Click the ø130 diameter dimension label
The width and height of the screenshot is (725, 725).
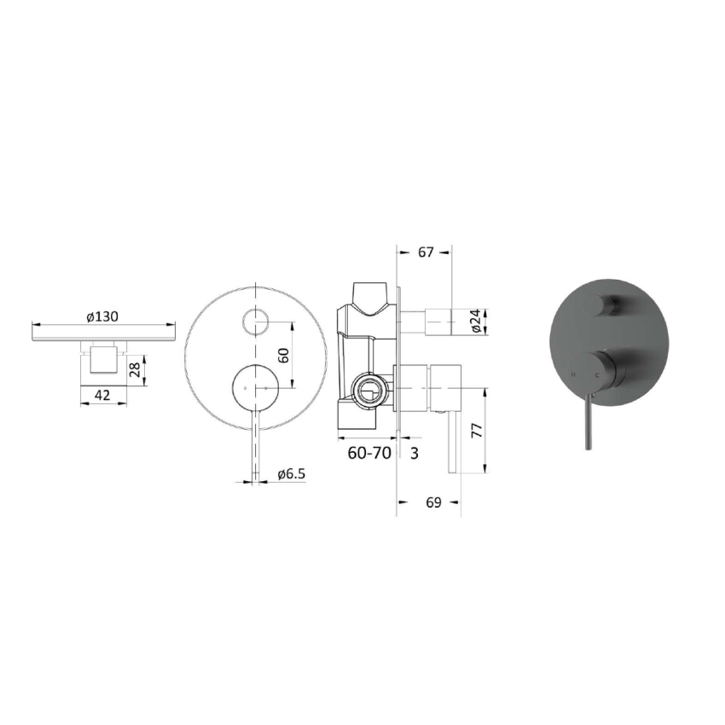pos(101,316)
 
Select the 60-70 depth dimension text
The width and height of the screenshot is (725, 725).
pos(368,453)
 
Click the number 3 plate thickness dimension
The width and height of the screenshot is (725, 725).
pos(414,453)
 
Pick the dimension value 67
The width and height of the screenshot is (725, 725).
pos(426,252)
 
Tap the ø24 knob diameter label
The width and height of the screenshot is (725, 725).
pos(477,322)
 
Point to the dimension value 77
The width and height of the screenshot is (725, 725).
pos(478,430)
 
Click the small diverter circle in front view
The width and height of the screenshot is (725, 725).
pos(255,322)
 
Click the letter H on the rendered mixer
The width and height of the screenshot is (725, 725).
pos(573,374)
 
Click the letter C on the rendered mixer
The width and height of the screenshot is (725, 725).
pos(597,374)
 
